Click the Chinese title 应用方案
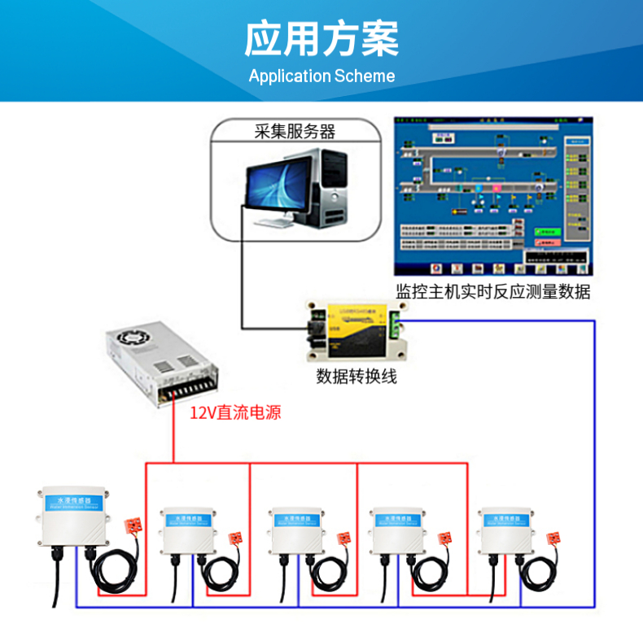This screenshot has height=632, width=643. (x=321, y=37)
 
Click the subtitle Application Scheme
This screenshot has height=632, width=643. (x=321, y=76)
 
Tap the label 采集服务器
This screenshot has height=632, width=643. (x=295, y=131)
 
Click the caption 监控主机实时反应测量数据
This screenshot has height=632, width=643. (x=492, y=291)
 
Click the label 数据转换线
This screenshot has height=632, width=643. (x=356, y=377)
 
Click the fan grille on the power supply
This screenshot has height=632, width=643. (x=134, y=336)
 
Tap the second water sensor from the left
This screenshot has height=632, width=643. (x=187, y=530)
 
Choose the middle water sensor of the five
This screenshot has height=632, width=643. (x=298, y=530)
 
